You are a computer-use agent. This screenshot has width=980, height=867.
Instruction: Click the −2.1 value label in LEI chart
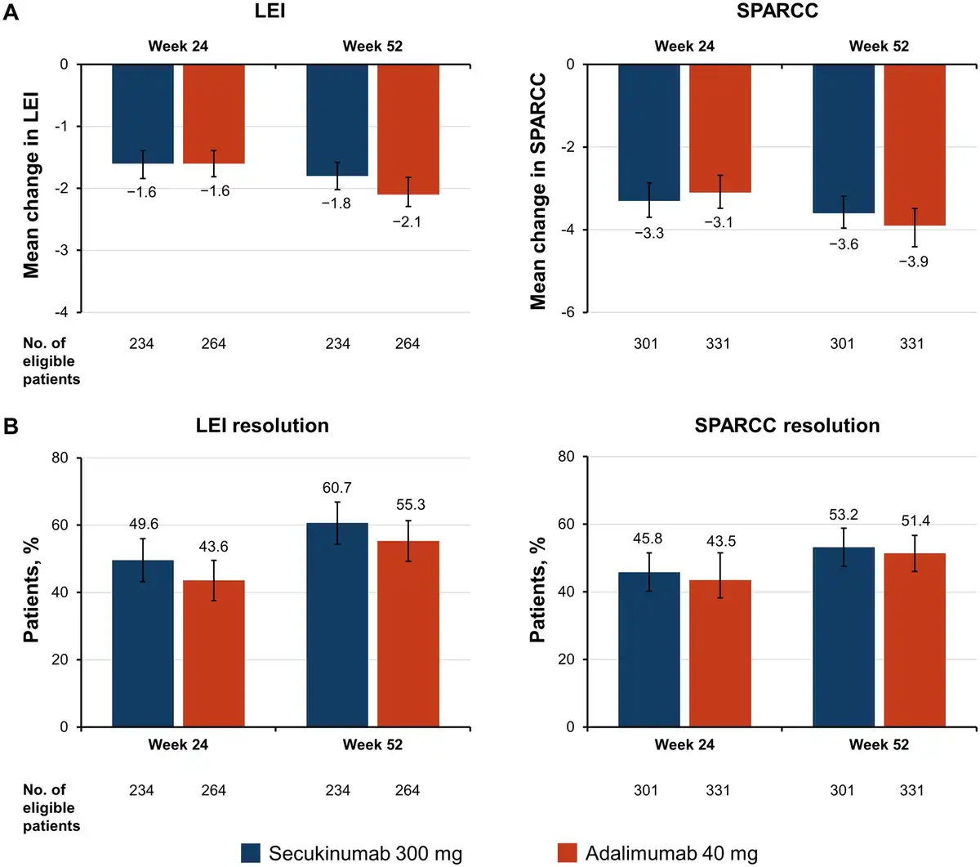coord(407,221)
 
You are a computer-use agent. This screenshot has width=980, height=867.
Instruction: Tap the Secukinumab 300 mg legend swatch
coord(251,852)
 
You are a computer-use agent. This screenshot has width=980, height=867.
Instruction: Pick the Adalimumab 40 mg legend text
coord(671,853)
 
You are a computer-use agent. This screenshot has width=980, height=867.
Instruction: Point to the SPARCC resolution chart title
coord(786,426)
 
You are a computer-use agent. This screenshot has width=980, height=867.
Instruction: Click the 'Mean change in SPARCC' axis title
coord(537,192)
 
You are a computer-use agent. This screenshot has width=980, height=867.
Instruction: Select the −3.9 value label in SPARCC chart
coord(913,261)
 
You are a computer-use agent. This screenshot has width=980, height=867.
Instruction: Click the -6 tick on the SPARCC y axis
coord(568,312)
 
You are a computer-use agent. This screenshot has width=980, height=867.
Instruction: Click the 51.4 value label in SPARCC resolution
coord(913,521)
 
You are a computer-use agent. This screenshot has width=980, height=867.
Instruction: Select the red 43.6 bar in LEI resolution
coord(214,654)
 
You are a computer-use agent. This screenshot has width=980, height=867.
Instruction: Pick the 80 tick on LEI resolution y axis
coord(60,457)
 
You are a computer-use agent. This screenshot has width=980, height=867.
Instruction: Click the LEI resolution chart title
coord(262,426)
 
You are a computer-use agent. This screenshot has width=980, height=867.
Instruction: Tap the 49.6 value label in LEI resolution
coord(143,524)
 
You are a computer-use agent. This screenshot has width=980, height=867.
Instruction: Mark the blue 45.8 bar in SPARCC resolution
coord(648,650)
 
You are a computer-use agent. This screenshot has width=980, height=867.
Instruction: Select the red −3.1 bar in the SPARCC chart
coord(719,128)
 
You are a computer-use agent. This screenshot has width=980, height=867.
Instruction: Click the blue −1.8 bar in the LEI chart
coord(337,120)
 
